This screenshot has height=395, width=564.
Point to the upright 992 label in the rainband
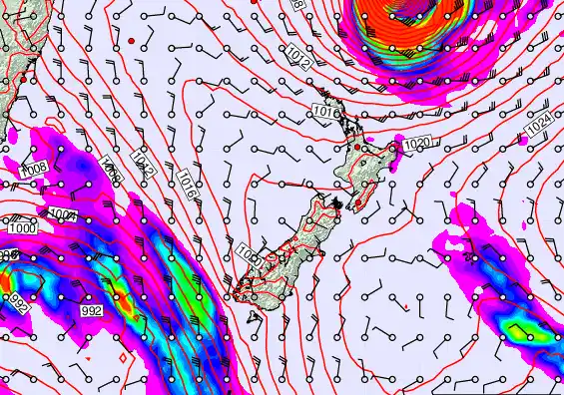(x=91, y=311)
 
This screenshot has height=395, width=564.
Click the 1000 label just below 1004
(x=20, y=228)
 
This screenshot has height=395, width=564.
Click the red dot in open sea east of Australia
(x=130, y=40)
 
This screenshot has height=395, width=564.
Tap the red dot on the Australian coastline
(x=25, y=77)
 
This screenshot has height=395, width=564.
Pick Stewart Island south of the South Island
(x=257, y=317)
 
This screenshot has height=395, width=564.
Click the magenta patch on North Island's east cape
(x=397, y=149)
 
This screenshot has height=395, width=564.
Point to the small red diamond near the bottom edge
(x=122, y=356)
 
